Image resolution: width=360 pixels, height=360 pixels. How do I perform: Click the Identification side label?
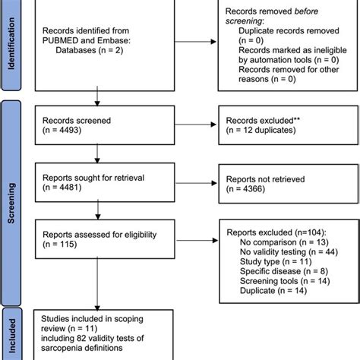11,46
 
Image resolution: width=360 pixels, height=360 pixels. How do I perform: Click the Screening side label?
11,193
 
